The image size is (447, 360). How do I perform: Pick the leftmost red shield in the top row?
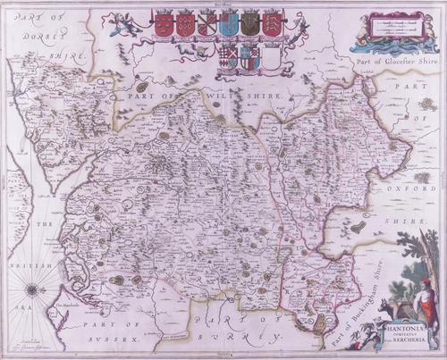(x=164, y=24)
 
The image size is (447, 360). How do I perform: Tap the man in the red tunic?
(x=426, y=301)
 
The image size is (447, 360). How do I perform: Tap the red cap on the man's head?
(x=427, y=281)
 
